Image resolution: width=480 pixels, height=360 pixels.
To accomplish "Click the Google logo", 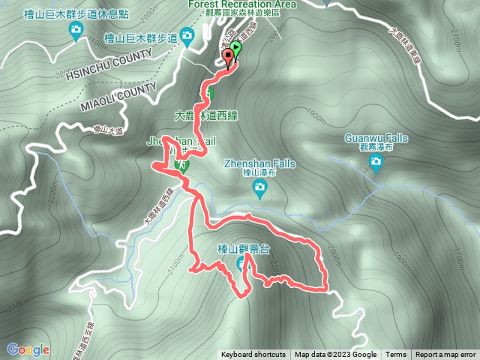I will click(28, 349).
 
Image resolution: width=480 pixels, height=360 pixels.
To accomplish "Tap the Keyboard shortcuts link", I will click(253, 355).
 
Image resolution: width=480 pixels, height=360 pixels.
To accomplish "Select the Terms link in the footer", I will click(396, 355).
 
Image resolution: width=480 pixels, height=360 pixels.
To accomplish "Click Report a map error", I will click(445, 355).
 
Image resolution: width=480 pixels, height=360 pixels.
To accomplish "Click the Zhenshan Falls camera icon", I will click(260, 190).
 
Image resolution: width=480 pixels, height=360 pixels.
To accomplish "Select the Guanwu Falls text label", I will click(376, 138).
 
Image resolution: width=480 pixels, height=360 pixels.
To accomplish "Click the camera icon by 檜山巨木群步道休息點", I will click(76, 31).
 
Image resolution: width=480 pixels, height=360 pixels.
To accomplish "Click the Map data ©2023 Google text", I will click(335, 355).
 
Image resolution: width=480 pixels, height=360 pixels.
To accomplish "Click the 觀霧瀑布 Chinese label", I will click(376, 148).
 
